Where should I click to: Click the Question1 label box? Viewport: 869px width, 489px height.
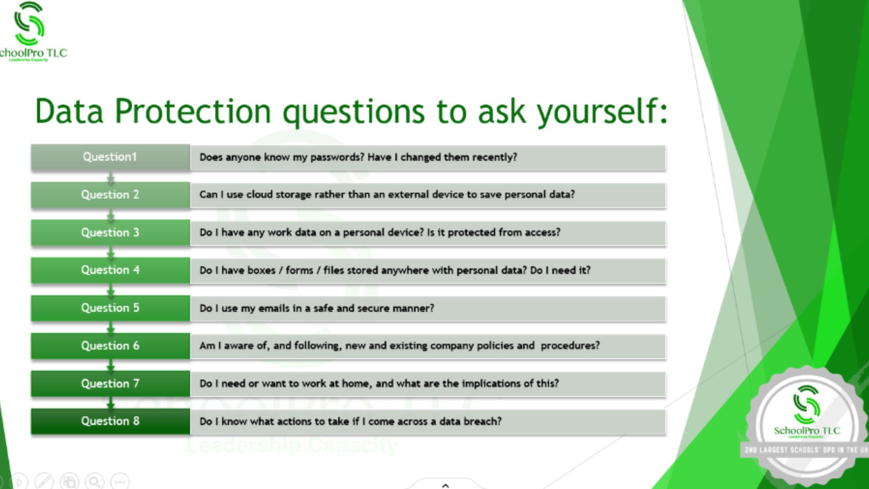point(110,157)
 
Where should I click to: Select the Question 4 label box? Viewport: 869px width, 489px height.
point(110,270)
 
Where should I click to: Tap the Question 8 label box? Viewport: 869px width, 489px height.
point(110,421)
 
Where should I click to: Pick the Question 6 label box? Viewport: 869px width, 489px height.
point(110,346)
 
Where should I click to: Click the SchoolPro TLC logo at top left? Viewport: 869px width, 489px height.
point(32,32)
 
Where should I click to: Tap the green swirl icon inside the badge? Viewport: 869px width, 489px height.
point(807,404)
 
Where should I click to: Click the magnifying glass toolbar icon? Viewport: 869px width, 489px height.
point(95,481)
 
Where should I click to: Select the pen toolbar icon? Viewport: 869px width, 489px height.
point(44,481)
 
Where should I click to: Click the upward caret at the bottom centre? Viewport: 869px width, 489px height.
point(445,485)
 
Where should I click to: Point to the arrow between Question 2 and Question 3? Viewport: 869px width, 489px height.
point(110,215)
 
